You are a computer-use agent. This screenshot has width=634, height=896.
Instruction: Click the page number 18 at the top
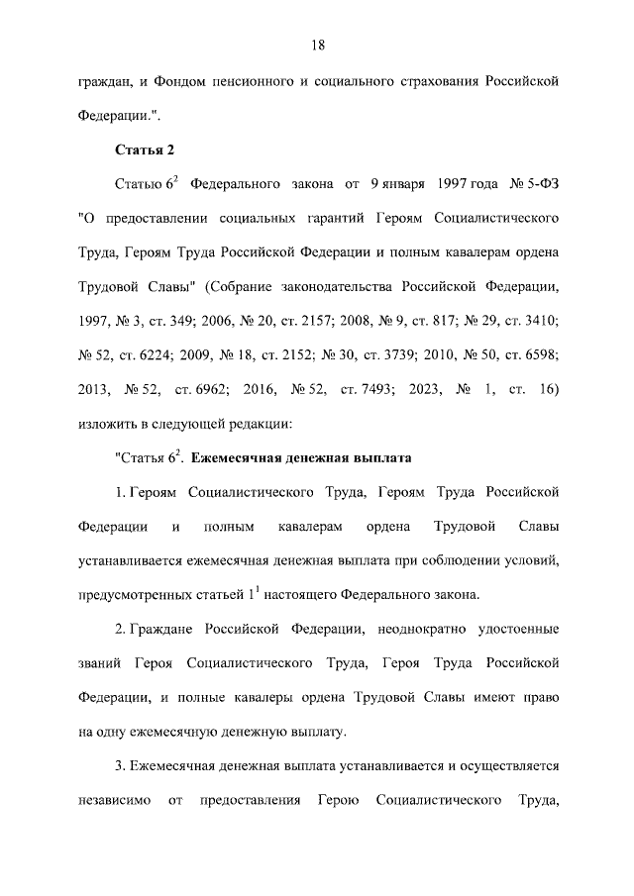point(317,45)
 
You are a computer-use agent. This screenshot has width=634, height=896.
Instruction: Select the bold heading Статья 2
point(145,150)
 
